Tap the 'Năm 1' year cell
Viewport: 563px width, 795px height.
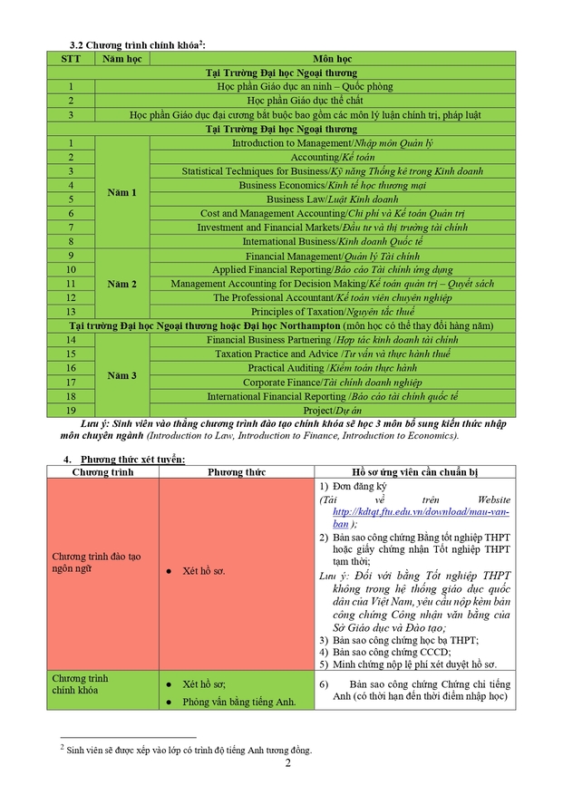coord(121,192)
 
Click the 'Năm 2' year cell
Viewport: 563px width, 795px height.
coord(121,284)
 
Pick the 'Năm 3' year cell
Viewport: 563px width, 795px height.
coord(121,375)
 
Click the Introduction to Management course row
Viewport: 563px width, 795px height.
coord(332,143)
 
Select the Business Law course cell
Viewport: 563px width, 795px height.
coord(332,199)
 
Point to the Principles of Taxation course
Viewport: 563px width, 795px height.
coord(332,312)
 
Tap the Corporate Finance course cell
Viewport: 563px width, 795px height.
coord(332,383)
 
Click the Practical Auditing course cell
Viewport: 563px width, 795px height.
coord(332,368)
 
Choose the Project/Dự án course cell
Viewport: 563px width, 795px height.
coord(332,411)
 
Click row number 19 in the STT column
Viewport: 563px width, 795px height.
coord(71,411)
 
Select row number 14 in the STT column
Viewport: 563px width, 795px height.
coord(71,340)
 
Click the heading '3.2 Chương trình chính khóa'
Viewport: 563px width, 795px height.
coord(143,44)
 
